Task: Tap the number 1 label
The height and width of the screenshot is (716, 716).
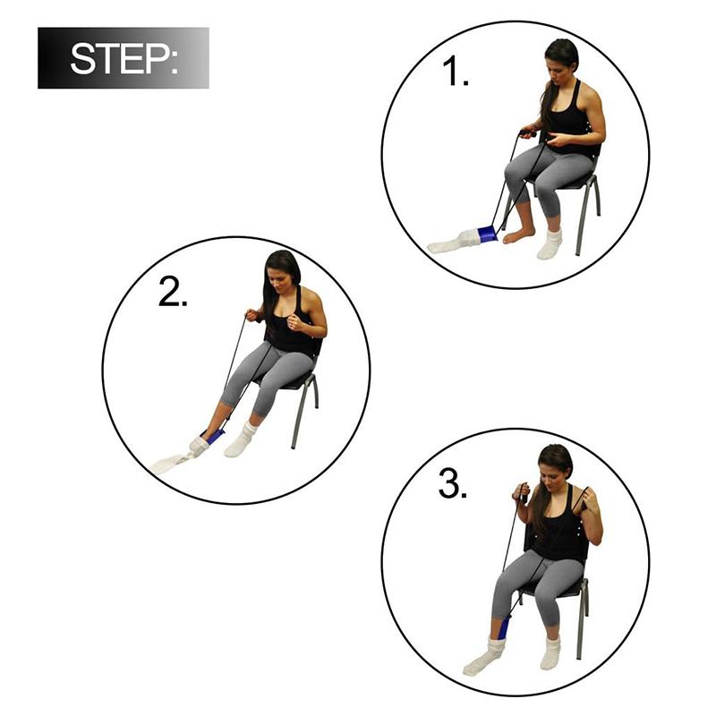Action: tap(456, 71)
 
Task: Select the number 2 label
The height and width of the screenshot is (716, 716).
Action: tap(173, 293)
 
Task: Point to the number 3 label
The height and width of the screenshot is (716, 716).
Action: tap(453, 484)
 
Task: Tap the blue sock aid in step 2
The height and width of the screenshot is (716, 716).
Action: tap(213, 436)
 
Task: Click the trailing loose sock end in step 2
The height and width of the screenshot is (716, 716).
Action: tap(170, 463)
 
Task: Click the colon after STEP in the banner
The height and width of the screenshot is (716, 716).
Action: tap(173, 60)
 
